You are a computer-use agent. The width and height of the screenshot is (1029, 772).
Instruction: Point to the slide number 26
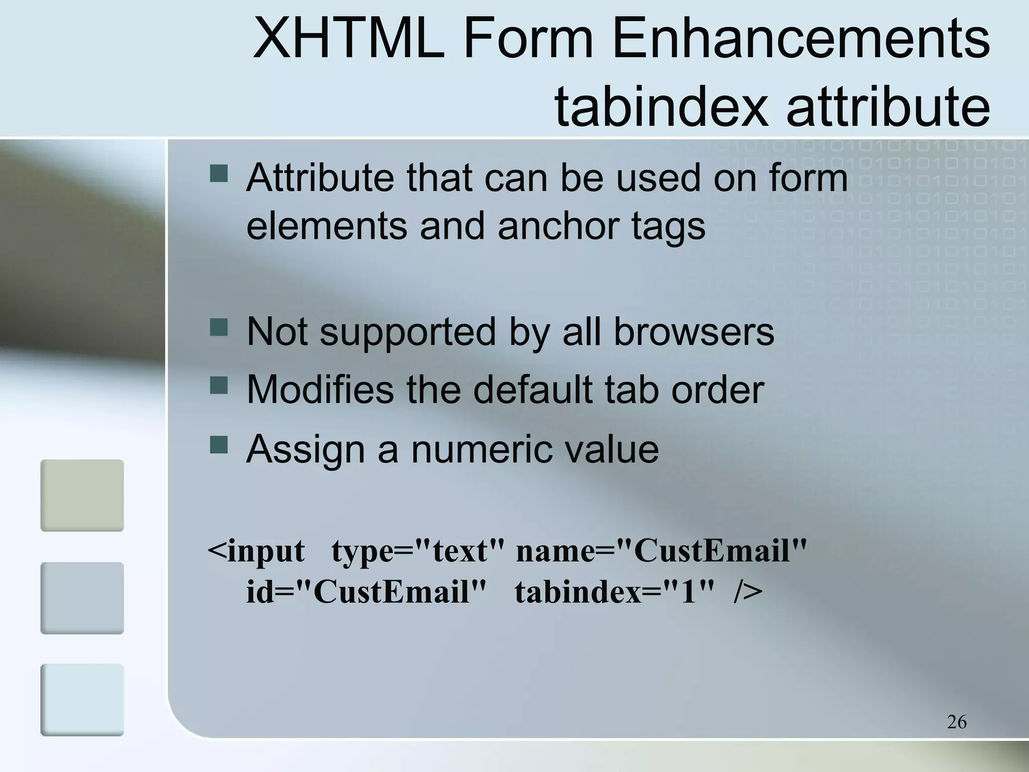point(957,722)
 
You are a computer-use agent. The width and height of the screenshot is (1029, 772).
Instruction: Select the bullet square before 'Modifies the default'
point(219,385)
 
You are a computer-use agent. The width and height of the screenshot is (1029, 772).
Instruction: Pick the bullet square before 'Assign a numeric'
point(219,444)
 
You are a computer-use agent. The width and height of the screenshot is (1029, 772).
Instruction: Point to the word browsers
point(694,332)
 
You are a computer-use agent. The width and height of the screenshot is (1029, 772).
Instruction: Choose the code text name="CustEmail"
point(661,551)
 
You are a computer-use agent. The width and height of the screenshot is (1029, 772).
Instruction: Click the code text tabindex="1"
point(614,592)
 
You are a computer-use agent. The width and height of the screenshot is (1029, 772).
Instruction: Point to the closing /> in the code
point(748,592)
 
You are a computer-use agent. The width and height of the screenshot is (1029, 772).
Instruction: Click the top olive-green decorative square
point(82,496)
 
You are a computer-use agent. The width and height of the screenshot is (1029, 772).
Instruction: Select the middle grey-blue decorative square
point(82,598)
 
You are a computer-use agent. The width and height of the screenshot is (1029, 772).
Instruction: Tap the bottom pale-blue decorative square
point(82,700)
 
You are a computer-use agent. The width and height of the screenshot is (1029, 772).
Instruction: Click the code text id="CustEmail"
point(366,592)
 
